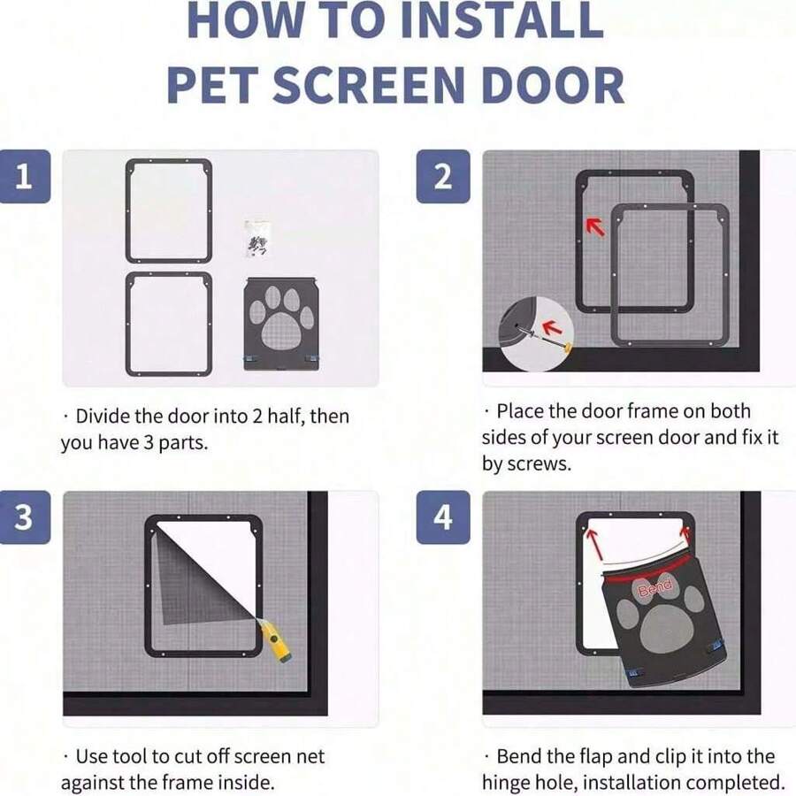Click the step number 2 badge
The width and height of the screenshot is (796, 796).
tap(443, 177)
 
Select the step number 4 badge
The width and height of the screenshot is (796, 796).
tap(443, 517)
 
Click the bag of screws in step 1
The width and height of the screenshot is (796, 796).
tap(257, 238)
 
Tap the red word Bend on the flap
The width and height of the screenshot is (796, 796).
tap(654, 586)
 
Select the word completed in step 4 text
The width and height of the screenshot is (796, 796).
tap(739, 782)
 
